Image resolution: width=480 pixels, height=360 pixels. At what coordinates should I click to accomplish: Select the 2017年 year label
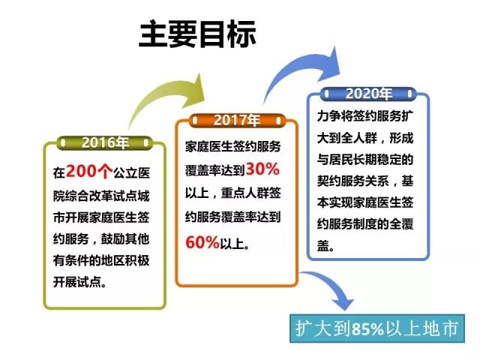pos(237,120)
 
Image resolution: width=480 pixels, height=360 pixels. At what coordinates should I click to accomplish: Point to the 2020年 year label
pos(368,94)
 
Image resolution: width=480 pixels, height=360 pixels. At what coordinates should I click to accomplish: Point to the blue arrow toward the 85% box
pos(330,289)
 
